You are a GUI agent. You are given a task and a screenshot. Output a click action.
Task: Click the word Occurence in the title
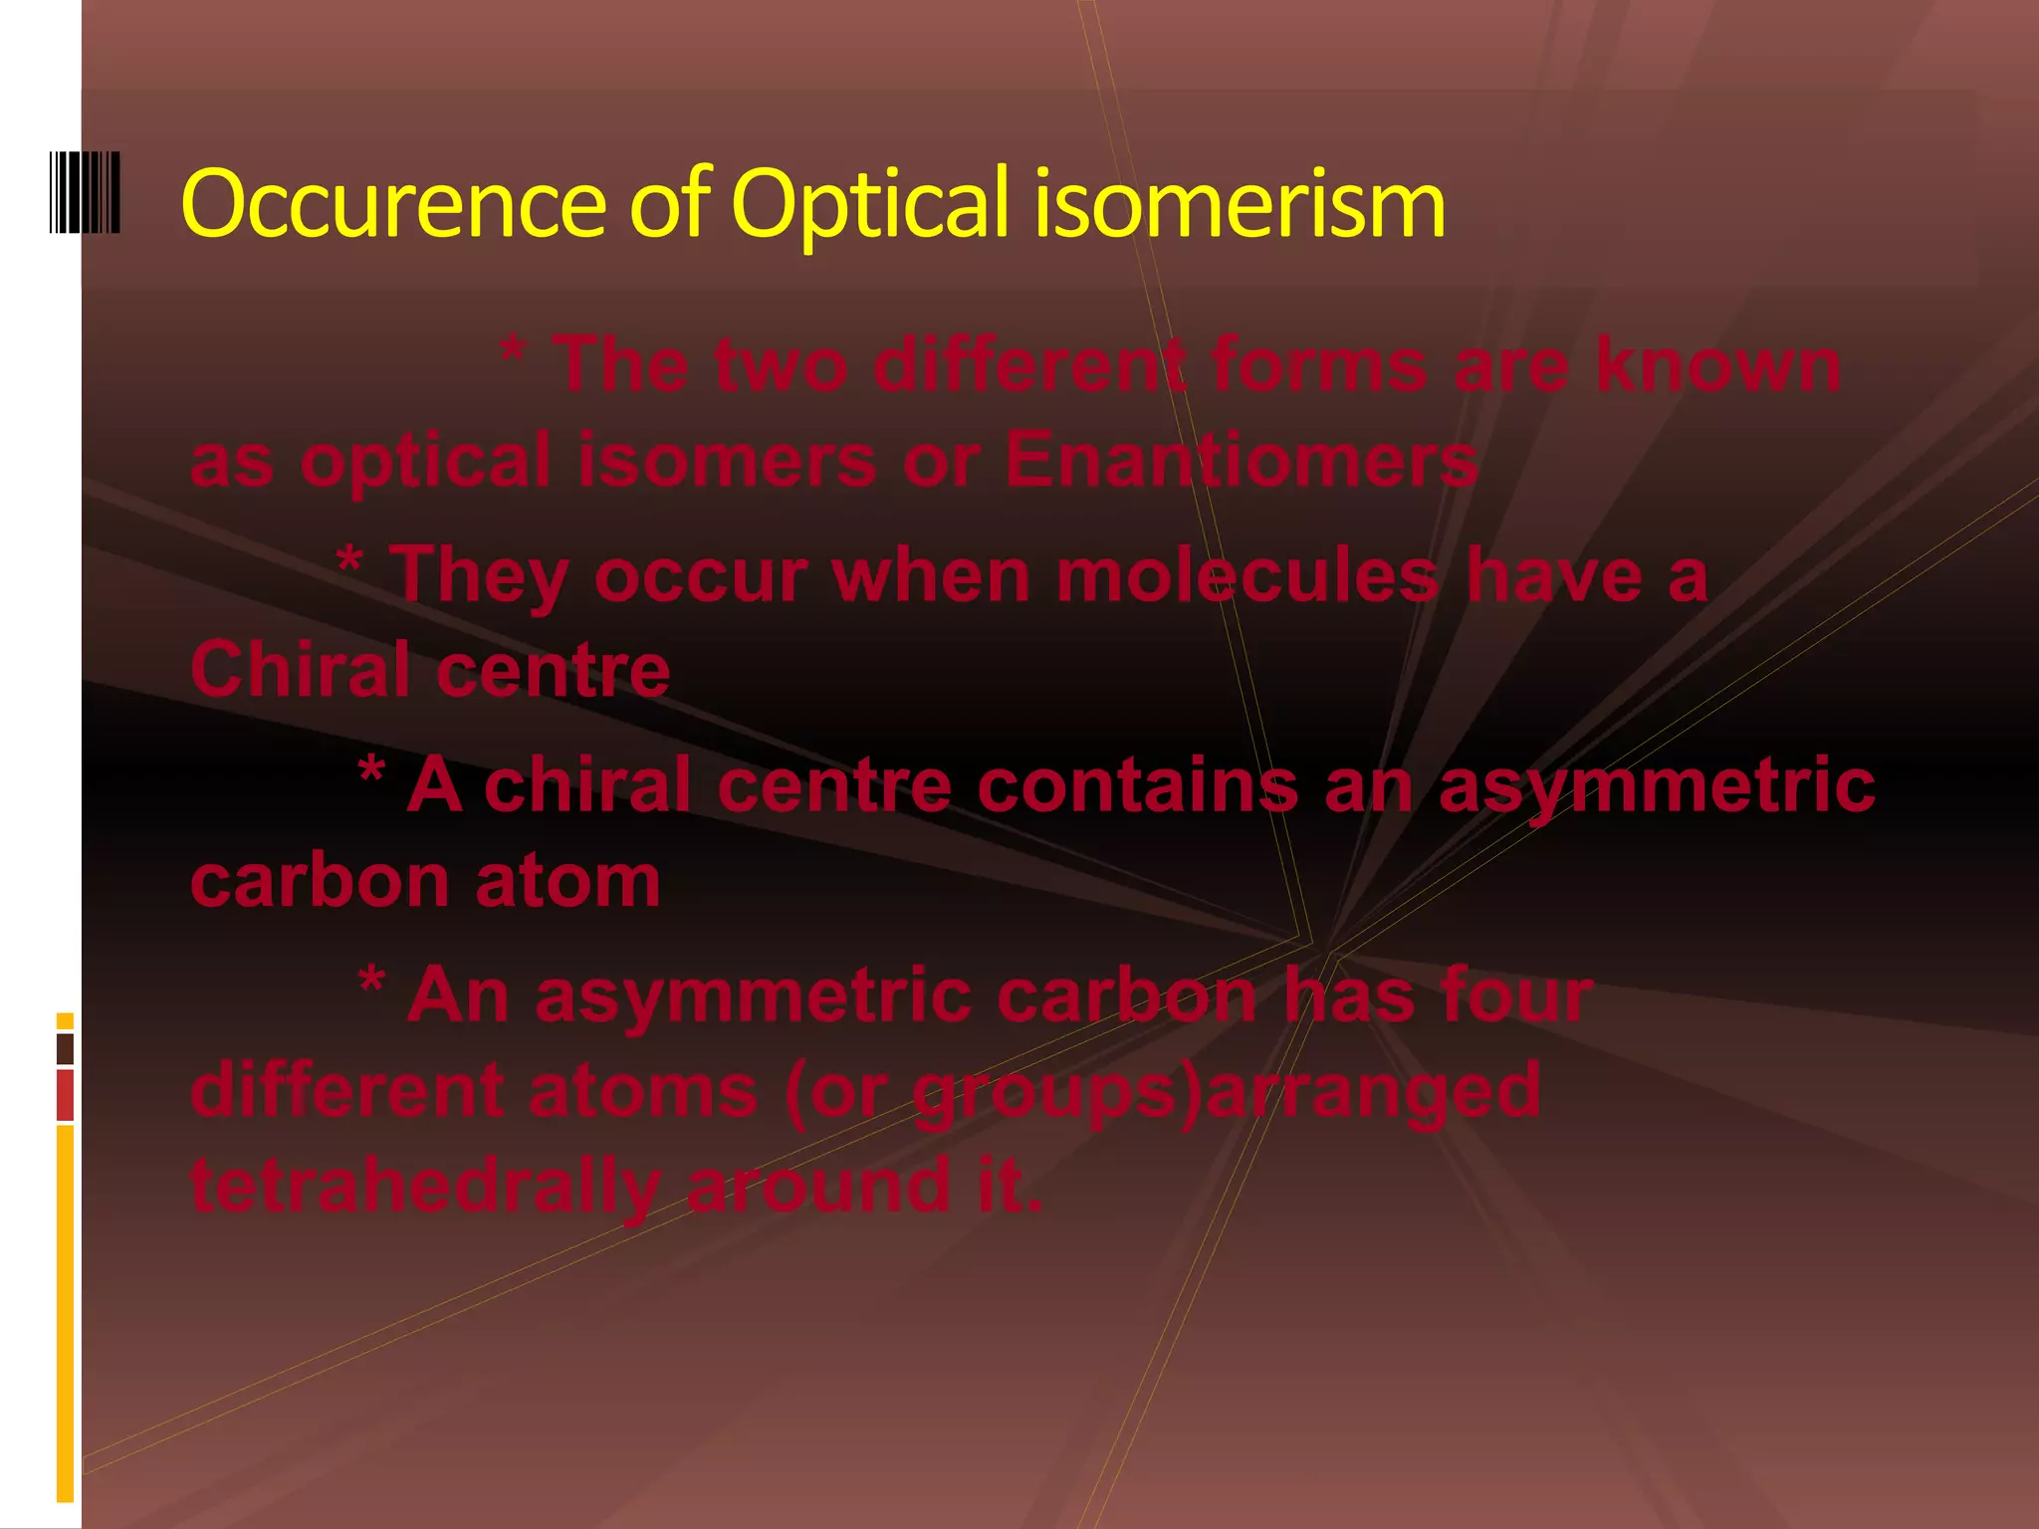click(x=393, y=203)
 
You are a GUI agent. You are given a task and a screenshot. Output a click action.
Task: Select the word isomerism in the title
click(x=1240, y=203)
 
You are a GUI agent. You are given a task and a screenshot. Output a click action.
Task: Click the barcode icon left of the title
click(x=85, y=193)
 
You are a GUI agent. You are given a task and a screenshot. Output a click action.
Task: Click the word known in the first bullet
click(x=1718, y=364)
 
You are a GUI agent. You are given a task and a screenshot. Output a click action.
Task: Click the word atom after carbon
click(x=567, y=881)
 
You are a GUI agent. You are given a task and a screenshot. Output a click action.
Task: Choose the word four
click(x=1517, y=994)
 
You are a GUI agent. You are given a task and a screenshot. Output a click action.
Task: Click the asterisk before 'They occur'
click(x=349, y=562)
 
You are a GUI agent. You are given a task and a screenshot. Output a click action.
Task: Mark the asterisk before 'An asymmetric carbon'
click(x=371, y=982)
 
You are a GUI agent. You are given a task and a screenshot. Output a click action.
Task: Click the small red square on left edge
click(x=65, y=1095)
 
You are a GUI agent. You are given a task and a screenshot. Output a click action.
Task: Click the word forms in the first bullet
click(x=1319, y=364)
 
